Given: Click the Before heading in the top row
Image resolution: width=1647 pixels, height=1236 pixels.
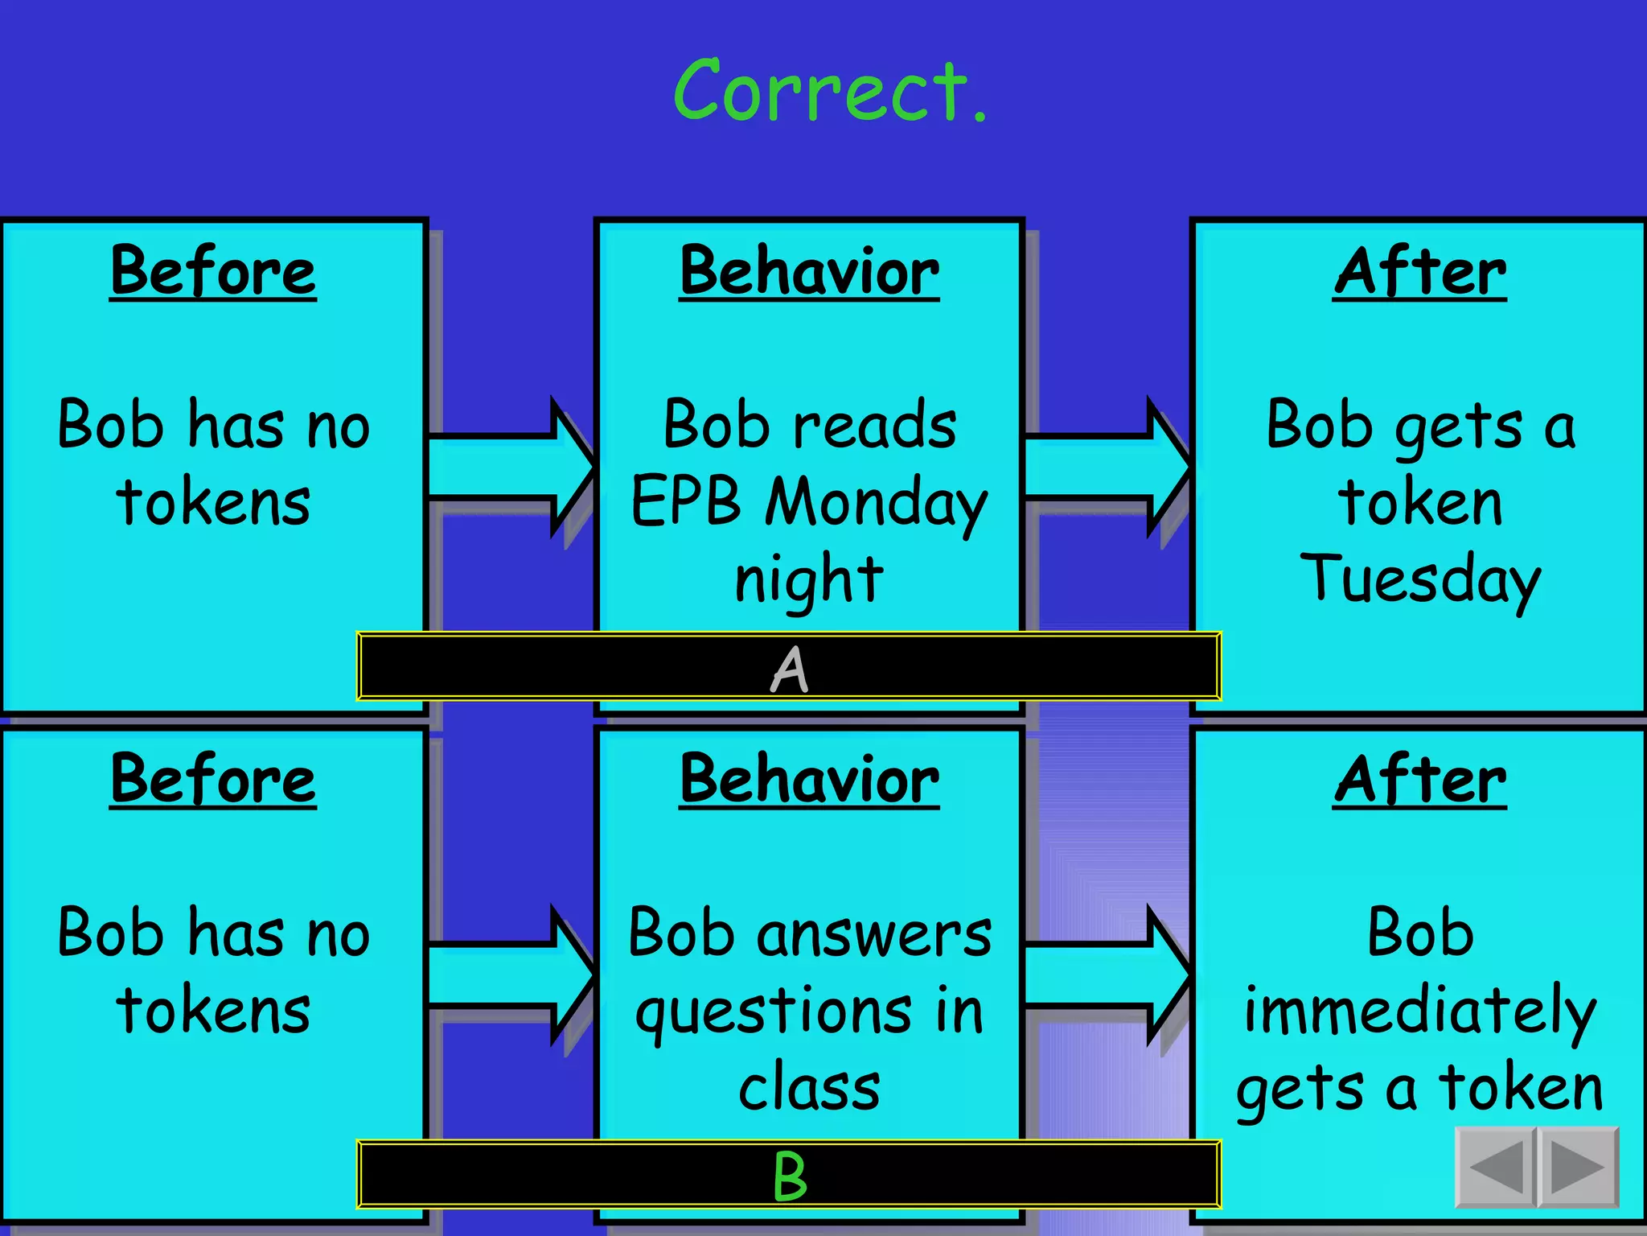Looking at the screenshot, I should (x=213, y=271).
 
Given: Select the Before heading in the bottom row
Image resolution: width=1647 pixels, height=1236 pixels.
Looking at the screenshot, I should (x=213, y=779).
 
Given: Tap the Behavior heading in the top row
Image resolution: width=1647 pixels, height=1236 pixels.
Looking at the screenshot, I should (x=809, y=271).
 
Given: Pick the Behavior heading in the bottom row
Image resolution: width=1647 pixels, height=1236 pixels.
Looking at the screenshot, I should (x=809, y=779).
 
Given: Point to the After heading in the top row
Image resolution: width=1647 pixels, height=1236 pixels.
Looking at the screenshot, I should (x=1419, y=271).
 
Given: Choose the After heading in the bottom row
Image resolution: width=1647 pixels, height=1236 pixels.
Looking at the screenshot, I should (x=1419, y=779).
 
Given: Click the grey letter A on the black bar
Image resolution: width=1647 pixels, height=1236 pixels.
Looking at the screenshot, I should (x=789, y=669).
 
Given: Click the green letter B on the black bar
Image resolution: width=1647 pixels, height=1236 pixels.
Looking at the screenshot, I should (x=789, y=1176).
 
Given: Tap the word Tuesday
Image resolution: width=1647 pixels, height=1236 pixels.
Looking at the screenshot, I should (x=1420, y=579).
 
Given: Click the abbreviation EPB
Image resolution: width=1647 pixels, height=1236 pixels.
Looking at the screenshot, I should (x=685, y=501).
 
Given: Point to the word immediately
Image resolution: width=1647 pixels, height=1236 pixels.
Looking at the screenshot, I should (x=1419, y=1011).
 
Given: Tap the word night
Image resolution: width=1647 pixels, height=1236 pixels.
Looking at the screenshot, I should (x=809, y=579).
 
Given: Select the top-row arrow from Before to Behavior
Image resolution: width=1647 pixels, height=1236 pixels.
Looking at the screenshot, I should (x=511, y=467).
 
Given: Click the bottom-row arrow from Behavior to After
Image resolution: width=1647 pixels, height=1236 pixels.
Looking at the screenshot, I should (x=1107, y=974).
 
